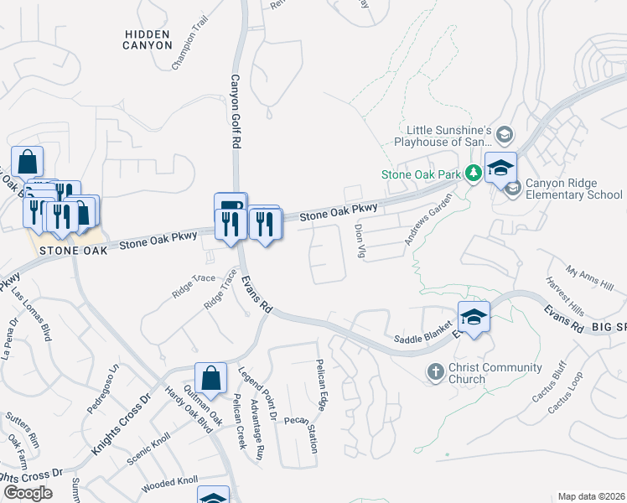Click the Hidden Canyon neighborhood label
pyautogui.click(x=147, y=39)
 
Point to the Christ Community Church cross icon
pyautogui.click(x=435, y=371)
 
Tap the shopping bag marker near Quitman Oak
pyautogui.click(x=211, y=378)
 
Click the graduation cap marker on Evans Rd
pyautogui.click(x=474, y=319)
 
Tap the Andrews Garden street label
pyautogui.click(x=427, y=220)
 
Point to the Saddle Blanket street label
pyautogui.click(x=422, y=336)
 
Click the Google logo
pyautogui.click(x=28, y=492)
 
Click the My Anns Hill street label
pyautogui.click(x=589, y=278)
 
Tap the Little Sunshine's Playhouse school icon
pyautogui.click(x=505, y=134)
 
